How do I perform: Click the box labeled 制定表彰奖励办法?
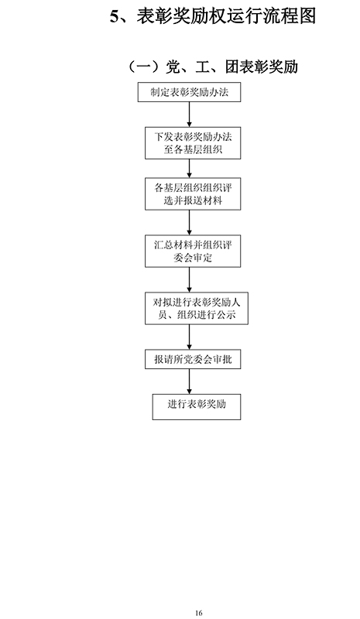point(189,92)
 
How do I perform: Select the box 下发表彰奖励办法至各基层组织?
point(193,143)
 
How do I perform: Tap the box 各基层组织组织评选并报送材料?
point(193,194)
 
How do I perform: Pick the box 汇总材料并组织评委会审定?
point(193,251)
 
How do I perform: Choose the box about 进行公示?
point(197,308)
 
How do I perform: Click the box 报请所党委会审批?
point(193,359)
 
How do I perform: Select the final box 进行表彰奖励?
point(197,406)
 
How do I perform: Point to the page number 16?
point(199,613)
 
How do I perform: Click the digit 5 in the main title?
point(115,16)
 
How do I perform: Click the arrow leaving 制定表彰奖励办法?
point(189,115)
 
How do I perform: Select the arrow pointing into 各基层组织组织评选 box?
point(189,169)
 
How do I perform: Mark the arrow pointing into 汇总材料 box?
point(189,223)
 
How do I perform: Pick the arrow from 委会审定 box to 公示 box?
point(189,280)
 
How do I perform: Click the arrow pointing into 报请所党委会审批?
point(189,337)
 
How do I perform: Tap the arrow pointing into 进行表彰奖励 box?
point(189,381)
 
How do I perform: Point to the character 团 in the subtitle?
point(233,67)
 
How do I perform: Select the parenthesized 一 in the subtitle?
point(144,67)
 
